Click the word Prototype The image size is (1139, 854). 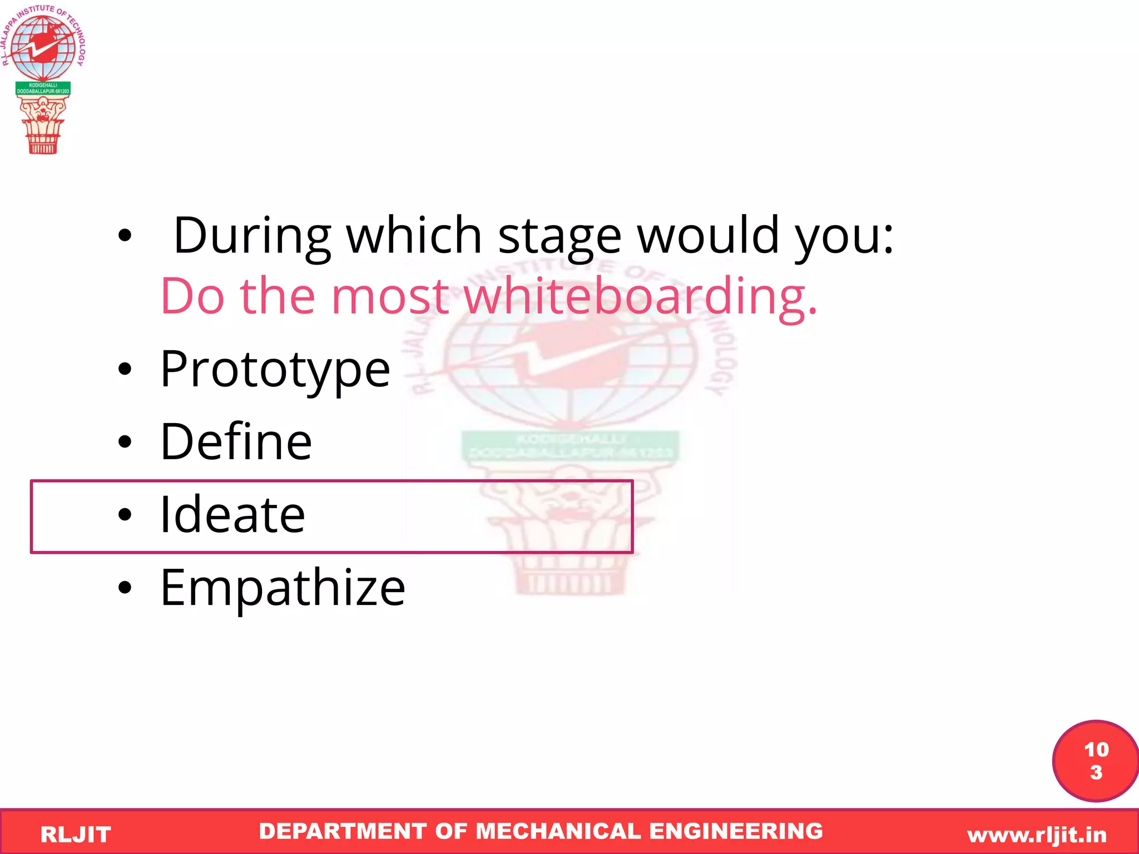point(275,369)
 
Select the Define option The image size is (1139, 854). point(236,442)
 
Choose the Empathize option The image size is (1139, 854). point(283,588)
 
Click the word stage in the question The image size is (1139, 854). point(559,236)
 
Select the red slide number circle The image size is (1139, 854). point(1095,761)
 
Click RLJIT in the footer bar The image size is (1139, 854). point(76,835)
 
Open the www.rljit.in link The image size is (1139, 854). point(1037,835)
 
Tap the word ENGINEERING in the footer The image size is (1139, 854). point(736,831)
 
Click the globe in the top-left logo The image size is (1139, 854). point(43,47)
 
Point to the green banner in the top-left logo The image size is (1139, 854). point(43,88)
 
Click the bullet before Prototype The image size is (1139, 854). point(125,369)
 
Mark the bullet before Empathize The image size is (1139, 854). point(125,588)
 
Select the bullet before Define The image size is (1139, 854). point(125,442)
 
